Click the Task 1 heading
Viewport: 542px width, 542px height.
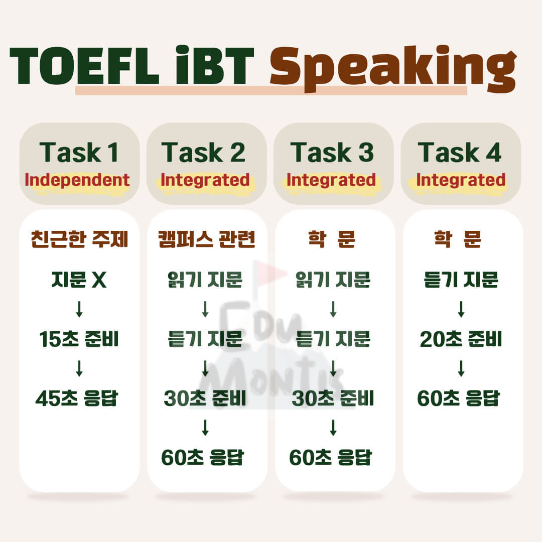tap(79, 152)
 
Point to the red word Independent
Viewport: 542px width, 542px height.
tap(78, 180)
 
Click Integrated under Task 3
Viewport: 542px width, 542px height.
tap(331, 180)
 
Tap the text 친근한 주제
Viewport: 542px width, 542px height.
tap(79, 240)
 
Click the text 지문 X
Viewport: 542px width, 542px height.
tap(79, 280)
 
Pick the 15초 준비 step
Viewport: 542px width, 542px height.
tap(79, 340)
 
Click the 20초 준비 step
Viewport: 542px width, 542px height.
tap(460, 340)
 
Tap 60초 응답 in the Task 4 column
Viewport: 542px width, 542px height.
tap(459, 398)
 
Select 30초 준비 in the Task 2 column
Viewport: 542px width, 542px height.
tap(205, 398)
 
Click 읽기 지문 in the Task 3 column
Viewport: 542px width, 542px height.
tap(333, 280)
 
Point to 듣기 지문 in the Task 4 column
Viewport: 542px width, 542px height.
tap(461, 280)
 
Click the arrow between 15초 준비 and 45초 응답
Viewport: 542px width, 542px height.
tap(79, 369)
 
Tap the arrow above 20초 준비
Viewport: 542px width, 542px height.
tap(461, 310)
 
